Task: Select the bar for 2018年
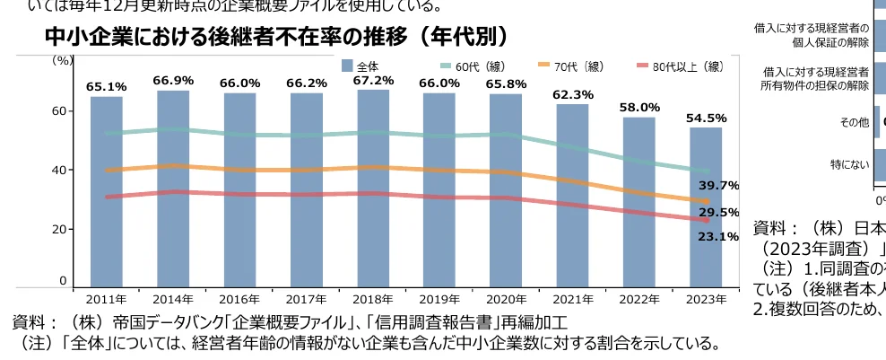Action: coord(373,189)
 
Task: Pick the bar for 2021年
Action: coord(572,196)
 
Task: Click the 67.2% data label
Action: coord(373,81)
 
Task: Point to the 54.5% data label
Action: coord(707,118)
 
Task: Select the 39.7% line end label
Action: coord(718,186)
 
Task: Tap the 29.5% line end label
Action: coord(718,213)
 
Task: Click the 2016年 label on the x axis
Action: coord(239,300)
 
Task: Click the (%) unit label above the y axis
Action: coord(63,60)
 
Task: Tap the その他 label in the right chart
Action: coord(852,123)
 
